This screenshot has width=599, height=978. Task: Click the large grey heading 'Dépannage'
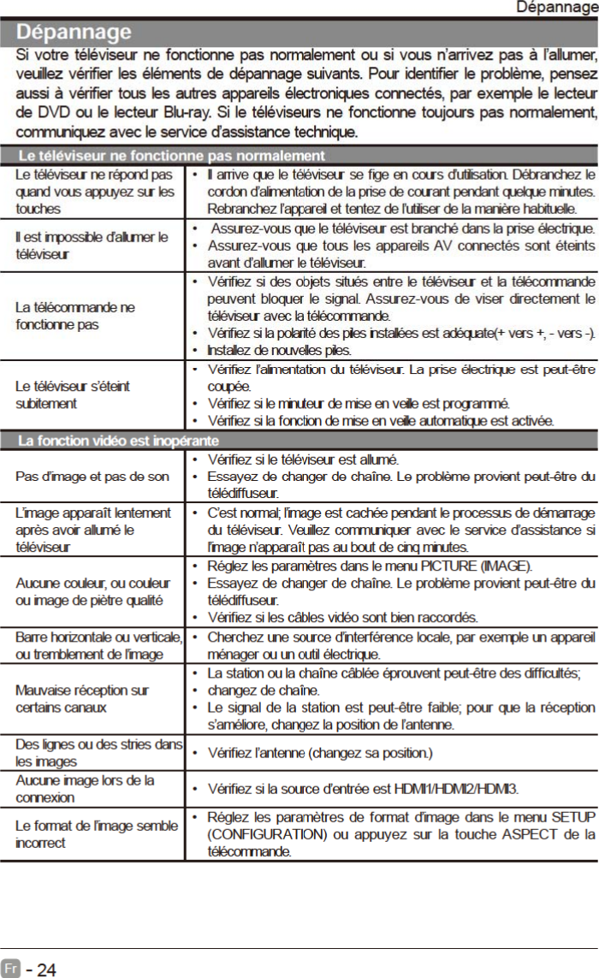tap(76, 33)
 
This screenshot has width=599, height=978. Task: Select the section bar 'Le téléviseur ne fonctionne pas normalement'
tap(171, 156)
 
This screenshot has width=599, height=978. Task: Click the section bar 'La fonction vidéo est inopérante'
tap(118, 441)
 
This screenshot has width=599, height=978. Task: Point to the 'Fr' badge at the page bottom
tap(11, 969)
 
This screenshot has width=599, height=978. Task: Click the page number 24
tap(46, 969)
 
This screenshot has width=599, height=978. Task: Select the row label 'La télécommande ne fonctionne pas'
tap(74, 316)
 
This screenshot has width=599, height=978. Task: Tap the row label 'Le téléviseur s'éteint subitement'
tap(72, 394)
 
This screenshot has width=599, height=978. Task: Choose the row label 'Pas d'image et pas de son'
tap(92, 477)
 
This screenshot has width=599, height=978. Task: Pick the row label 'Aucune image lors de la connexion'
tap(85, 788)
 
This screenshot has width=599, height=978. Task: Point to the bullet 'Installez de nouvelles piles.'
tap(279, 351)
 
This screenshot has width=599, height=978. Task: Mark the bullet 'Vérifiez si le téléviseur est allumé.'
tap(303, 459)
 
